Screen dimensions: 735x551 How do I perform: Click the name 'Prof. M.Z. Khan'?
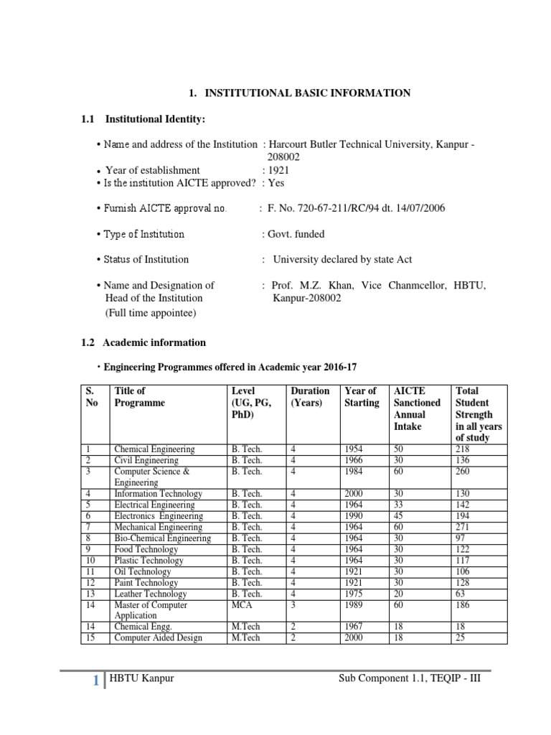(309, 285)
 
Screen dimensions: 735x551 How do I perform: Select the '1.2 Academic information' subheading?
(143, 342)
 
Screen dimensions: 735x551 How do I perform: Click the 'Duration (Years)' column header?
(310, 397)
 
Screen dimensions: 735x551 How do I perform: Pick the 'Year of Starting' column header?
(362, 397)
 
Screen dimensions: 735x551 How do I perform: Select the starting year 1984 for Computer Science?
(354, 472)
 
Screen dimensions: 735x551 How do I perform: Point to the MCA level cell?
(241, 605)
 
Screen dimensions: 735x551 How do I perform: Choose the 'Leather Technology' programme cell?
(150, 594)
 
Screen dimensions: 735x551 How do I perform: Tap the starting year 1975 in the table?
(354, 594)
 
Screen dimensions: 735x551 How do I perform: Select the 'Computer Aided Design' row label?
(158, 638)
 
